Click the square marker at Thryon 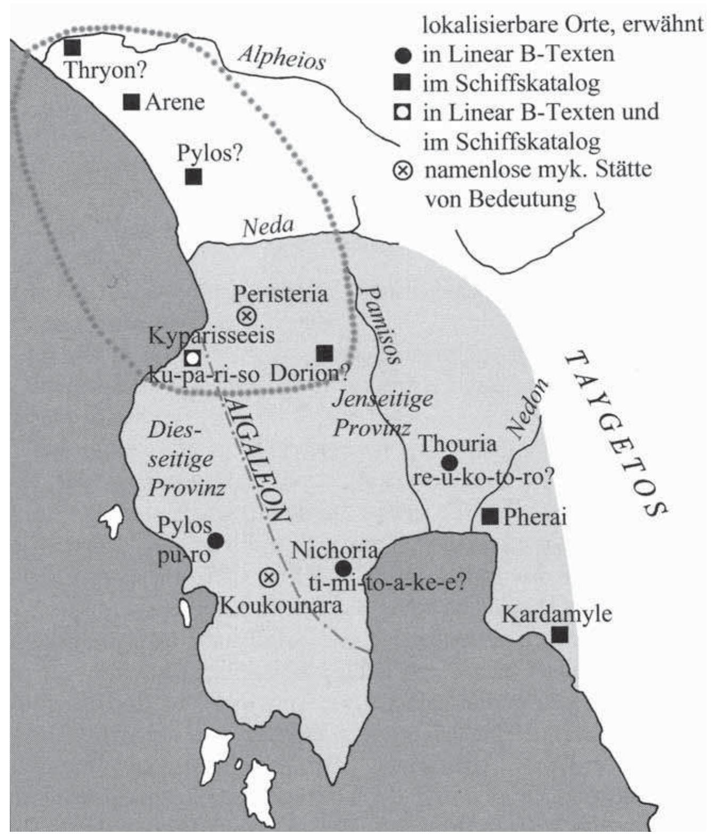click(x=72, y=47)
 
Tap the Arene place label click(x=174, y=102)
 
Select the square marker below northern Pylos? click(x=194, y=177)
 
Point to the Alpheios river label click(x=281, y=57)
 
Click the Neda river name click(x=268, y=227)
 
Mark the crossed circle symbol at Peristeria click(x=246, y=316)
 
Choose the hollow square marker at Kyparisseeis click(x=192, y=358)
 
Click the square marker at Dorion click(x=324, y=353)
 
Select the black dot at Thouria click(x=450, y=463)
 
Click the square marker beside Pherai click(x=490, y=516)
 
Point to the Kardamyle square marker click(x=559, y=634)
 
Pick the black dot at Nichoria click(x=344, y=569)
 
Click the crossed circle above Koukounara click(x=269, y=577)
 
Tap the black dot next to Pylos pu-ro click(x=215, y=541)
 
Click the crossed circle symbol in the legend click(x=403, y=171)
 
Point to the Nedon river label click(x=526, y=408)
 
